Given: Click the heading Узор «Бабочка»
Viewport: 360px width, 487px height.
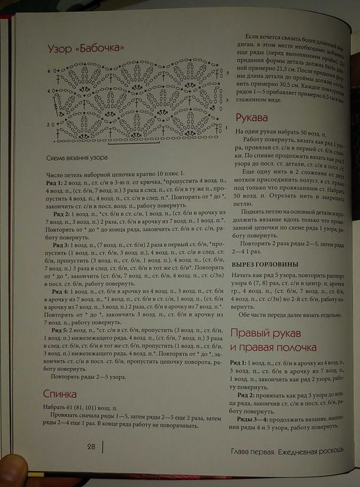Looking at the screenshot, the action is (86, 49).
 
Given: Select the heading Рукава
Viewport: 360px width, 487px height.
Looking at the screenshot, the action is (249, 118).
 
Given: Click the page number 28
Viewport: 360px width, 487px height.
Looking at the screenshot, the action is (91, 447).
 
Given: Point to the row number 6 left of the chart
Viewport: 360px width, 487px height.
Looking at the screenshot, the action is (49, 71).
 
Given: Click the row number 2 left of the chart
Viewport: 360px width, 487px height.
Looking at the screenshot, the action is (49, 125).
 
